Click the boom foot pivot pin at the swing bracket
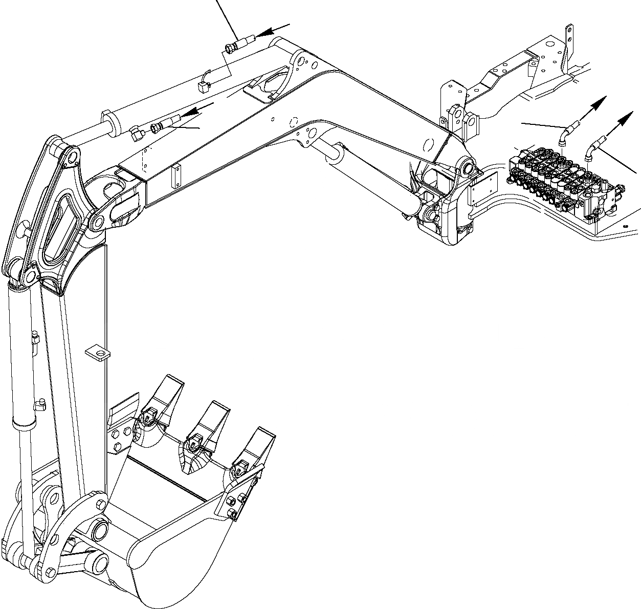467,167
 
